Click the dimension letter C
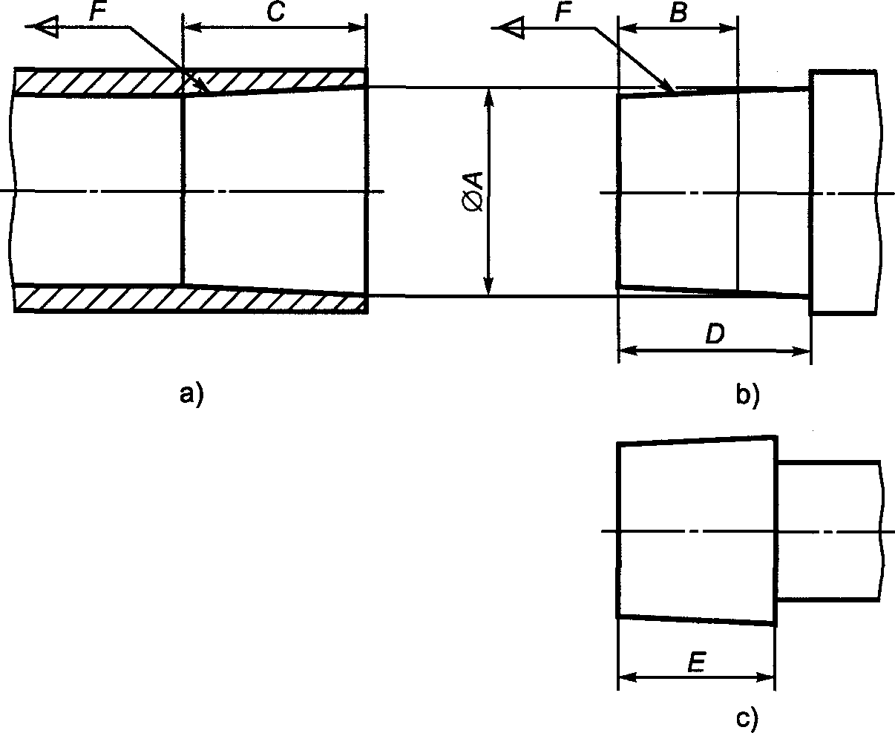[276, 12]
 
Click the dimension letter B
[678, 13]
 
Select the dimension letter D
[715, 333]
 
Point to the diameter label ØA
[473, 191]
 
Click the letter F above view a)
[98, 11]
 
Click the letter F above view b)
[563, 13]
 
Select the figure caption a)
[191, 395]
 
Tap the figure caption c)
[747, 719]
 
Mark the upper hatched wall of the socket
[190, 81]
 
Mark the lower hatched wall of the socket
[190, 300]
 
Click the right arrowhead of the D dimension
[800, 351]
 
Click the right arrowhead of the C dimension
[356, 28]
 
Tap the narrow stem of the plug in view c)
[830, 530]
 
